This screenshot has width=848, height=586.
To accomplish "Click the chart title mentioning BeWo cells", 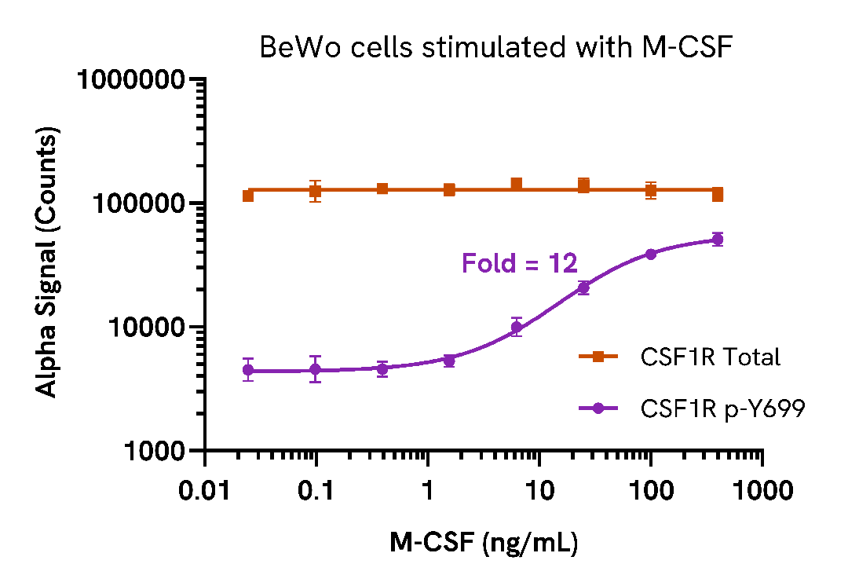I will point(495,49).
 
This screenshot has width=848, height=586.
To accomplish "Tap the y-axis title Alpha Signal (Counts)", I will point(49,265).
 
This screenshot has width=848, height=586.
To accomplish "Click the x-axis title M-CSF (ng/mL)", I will point(484,542).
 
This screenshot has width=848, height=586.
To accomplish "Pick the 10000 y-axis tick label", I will point(144,328).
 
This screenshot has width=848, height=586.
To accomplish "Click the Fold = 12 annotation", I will point(520,262).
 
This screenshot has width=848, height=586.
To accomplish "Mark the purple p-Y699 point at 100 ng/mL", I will point(651,254).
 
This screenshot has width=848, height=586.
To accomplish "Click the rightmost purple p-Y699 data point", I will point(717,240).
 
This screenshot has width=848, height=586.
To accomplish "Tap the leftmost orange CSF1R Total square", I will point(248,196).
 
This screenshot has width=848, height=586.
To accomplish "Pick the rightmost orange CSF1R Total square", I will point(717,194).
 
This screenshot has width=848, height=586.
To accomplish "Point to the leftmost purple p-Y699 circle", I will point(248,370).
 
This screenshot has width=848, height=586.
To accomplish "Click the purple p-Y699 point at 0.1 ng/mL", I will point(315,369).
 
